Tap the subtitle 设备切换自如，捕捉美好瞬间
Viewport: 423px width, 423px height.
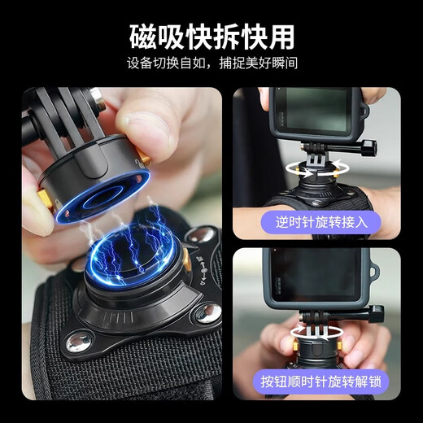[211, 64]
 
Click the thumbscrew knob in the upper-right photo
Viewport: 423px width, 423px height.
[372, 148]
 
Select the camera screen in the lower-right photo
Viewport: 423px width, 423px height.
[321, 273]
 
